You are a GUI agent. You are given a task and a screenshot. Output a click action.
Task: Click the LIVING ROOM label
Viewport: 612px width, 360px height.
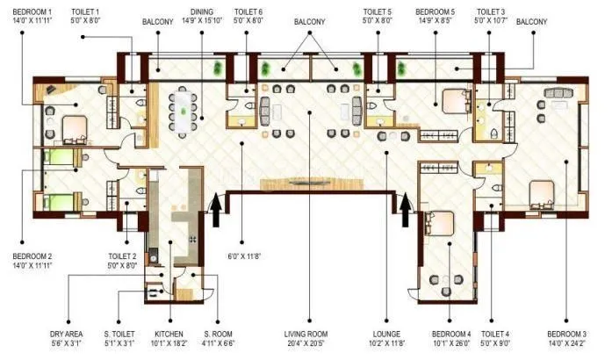click(x=309, y=335)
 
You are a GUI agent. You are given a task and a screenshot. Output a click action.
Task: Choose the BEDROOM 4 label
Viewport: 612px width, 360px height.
click(x=452, y=335)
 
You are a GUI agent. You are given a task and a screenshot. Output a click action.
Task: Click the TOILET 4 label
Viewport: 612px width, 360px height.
click(x=495, y=335)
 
